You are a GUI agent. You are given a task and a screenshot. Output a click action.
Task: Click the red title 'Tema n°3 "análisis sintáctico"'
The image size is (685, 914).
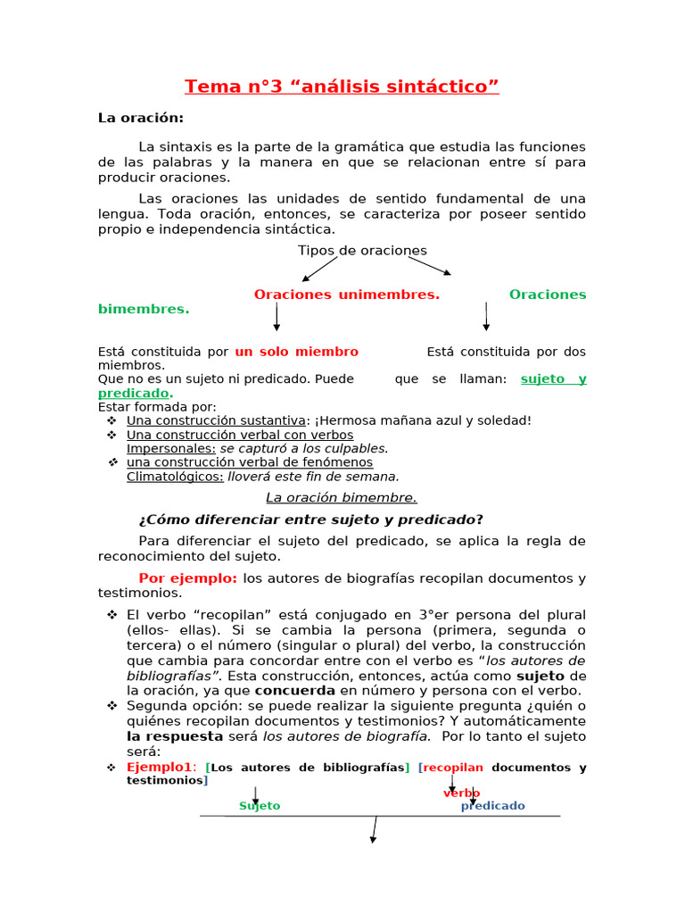[342, 87]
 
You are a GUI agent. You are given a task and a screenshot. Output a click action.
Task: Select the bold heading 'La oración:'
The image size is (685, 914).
[140, 118]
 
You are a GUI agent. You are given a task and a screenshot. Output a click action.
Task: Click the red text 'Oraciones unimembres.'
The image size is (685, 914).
[346, 295]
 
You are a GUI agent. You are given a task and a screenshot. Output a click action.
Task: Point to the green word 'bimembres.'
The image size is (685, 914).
[144, 309]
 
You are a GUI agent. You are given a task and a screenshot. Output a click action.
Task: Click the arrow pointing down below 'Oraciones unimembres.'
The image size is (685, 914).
[276, 316]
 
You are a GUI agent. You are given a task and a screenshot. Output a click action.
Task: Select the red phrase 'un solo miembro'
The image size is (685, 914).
[296, 352]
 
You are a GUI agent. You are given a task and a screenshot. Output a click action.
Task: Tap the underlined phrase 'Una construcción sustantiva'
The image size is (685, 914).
[218, 420]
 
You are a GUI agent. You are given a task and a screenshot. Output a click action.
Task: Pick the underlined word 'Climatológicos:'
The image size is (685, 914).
[175, 477]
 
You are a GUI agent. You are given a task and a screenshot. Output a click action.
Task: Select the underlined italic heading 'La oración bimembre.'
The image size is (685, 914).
[342, 497]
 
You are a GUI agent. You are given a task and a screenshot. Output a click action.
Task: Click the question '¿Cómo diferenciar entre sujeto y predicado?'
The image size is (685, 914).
[311, 519]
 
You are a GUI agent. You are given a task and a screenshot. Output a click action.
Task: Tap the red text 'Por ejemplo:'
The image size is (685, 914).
[187, 578]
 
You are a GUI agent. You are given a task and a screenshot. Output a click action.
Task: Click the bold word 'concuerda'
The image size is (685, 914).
[295, 690]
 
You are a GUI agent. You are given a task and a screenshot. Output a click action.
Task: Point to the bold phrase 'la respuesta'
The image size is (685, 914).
[175, 736]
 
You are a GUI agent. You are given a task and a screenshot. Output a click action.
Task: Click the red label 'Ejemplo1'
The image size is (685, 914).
[160, 768]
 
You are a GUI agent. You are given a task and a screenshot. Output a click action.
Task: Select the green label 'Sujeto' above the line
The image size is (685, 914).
[260, 806]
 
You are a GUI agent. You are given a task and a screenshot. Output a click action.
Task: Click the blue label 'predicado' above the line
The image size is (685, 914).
[492, 806]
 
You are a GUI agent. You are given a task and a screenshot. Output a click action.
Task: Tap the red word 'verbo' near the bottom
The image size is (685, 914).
[461, 793]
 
